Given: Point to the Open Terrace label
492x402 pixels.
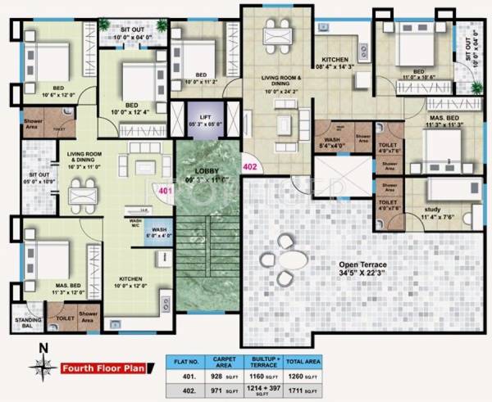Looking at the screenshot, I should click(x=365, y=266).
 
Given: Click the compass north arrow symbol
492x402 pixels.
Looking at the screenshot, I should click(x=42, y=367).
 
